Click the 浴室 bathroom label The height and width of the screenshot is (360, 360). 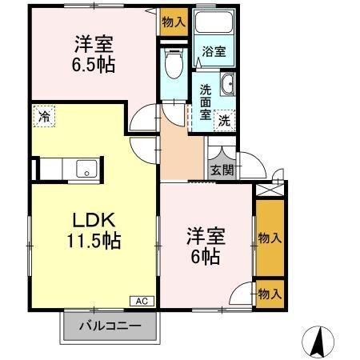[x=214, y=51]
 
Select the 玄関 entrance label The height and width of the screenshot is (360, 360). [x=222, y=170]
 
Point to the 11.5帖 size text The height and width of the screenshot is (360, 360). [x=94, y=240]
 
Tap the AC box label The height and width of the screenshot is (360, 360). [x=140, y=302]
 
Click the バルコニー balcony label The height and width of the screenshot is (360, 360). [x=110, y=326]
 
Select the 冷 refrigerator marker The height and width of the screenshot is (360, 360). [x=44, y=117]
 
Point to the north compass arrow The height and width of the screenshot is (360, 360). [x=318, y=342]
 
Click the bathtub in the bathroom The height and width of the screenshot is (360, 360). [x=214, y=28]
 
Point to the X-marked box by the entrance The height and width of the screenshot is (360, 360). [x=268, y=190]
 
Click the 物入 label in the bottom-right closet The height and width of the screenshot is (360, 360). [x=270, y=294]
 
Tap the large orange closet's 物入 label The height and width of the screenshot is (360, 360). [x=270, y=238]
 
